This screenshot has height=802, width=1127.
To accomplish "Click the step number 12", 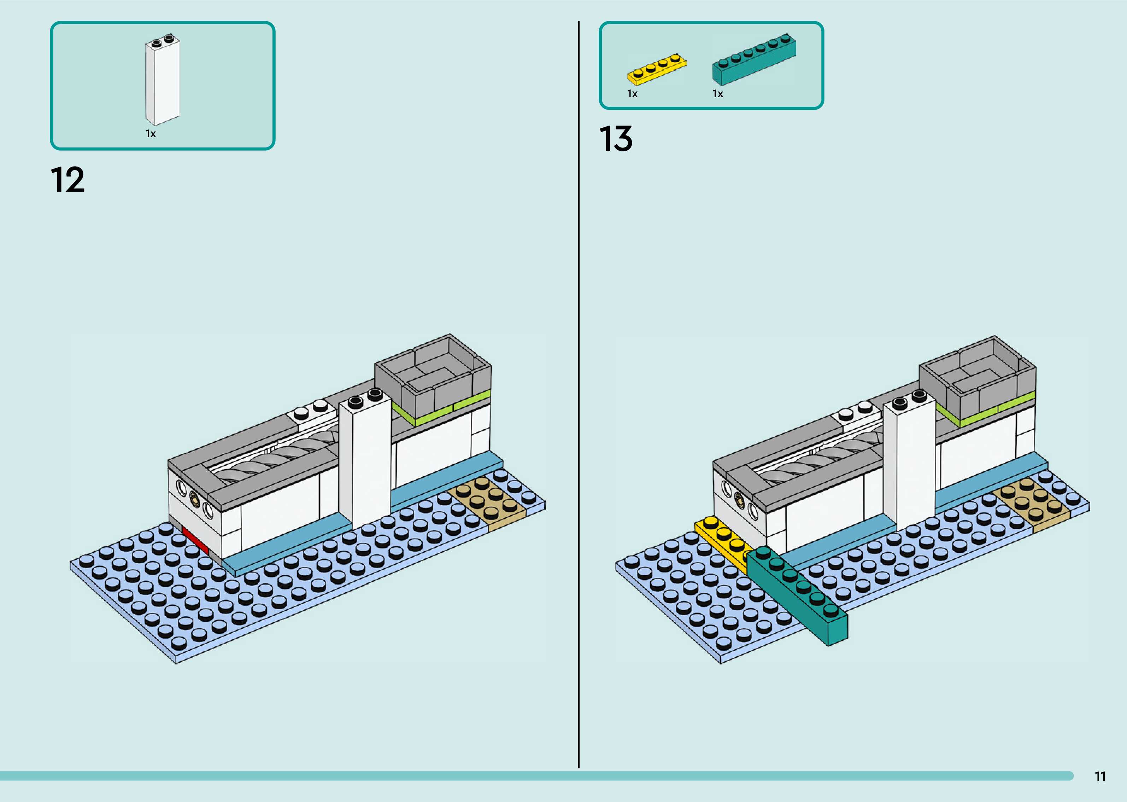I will coord(67,180).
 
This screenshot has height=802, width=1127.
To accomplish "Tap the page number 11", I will coord(1100,776).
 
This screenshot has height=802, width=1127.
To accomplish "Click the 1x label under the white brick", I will coord(151,134).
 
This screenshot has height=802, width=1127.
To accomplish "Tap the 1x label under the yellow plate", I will coord(632,94).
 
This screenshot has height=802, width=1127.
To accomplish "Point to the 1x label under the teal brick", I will coord(717,94).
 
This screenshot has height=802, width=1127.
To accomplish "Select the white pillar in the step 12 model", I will coord(365,464).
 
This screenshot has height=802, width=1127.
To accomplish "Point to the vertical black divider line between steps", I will coord(579,395).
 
